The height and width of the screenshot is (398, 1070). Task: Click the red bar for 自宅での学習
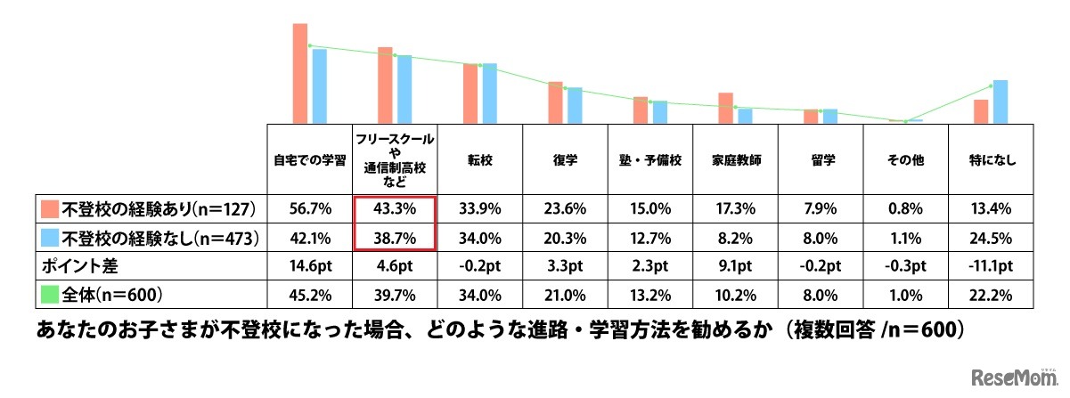point(300,72)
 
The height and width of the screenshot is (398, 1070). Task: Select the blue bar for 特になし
point(1001,101)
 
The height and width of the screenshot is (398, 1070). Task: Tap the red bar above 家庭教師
point(725,107)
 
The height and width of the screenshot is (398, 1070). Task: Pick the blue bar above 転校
point(489,93)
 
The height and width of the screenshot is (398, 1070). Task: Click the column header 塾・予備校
point(651,160)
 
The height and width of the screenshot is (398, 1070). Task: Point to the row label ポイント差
point(77,264)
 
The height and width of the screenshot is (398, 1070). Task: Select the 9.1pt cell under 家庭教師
point(736,264)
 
